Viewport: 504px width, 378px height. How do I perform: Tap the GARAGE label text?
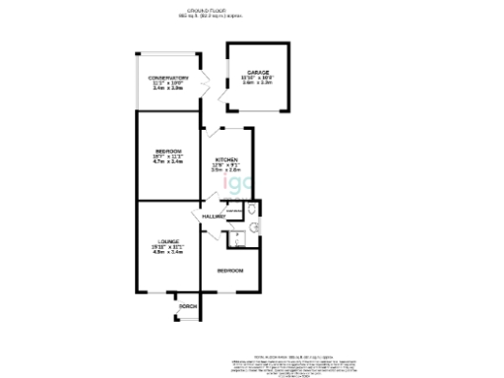click(259, 72)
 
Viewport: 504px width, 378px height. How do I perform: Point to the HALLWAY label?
click(213, 217)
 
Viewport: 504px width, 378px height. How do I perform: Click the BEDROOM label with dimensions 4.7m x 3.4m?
click(167, 151)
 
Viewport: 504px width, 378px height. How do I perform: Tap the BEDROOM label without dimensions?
click(230, 270)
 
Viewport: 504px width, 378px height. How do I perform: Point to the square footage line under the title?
click(251, 17)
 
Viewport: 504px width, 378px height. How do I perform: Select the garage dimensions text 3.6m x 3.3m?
click(259, 84)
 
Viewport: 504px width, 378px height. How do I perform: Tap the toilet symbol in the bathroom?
click(252, 209)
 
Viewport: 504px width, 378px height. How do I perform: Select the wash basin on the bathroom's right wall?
click(254, 226)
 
